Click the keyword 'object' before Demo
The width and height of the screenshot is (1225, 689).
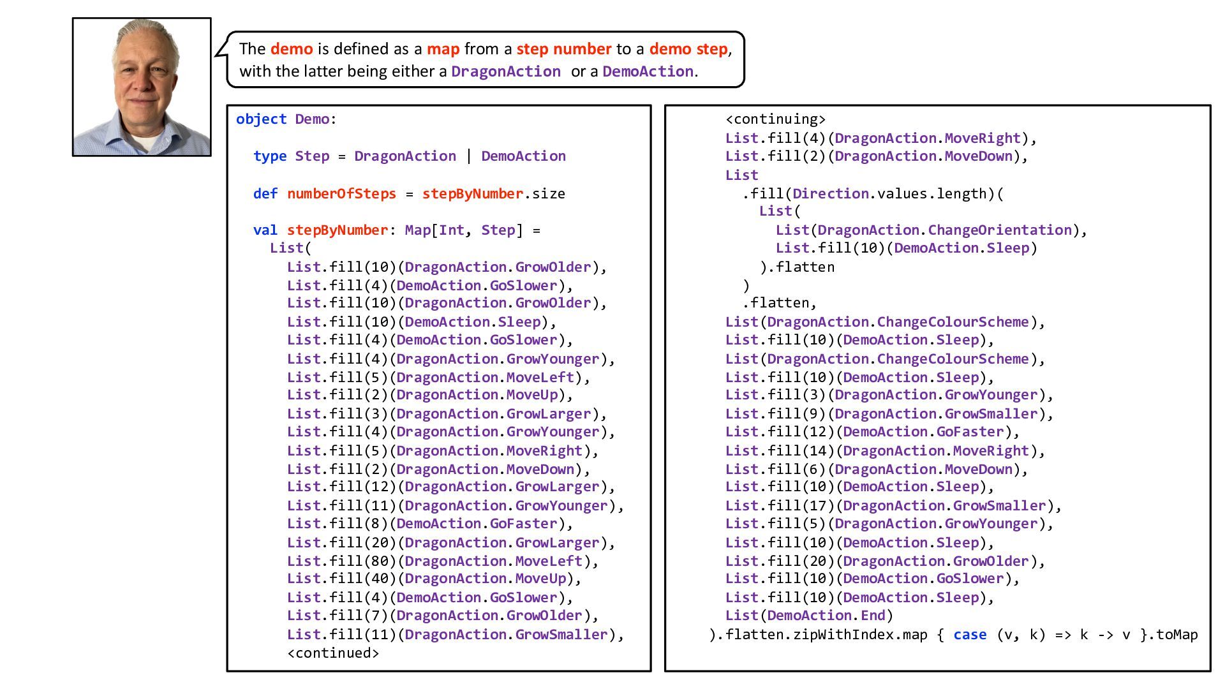coord(261,119)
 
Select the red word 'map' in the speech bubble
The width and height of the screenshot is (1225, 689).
coord(443,49)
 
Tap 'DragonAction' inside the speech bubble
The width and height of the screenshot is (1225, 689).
coord(505,71)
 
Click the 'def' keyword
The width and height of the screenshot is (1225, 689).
coord(265,194)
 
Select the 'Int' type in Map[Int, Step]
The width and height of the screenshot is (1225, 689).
coord(451,230)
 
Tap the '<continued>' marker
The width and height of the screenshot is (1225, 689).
coord(333,653)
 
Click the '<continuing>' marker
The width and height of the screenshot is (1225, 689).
coord(775,119)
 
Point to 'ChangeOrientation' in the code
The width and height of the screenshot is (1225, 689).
coord(1000,230)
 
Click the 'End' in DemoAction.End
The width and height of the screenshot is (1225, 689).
coord(873,616)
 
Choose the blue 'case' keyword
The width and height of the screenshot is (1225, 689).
coord(970,635)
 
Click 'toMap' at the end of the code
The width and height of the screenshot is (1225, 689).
coord(1177,635)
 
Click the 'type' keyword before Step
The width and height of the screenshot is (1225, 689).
coord(269,156)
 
